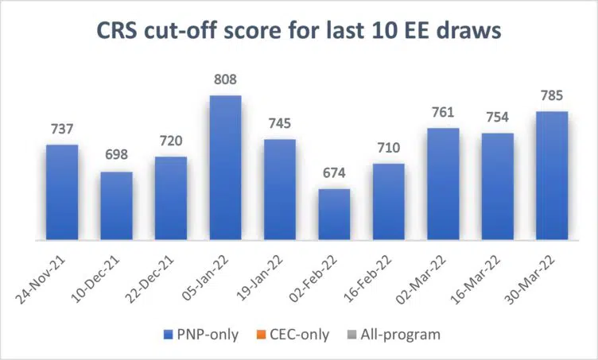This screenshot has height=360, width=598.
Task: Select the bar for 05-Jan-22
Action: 225,168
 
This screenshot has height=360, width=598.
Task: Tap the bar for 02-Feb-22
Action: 334,215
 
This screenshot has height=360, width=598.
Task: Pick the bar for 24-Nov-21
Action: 61,192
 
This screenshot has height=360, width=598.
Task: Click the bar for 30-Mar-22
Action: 551,176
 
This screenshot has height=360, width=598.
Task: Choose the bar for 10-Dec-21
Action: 116,206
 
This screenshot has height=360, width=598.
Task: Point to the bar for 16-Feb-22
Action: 388,202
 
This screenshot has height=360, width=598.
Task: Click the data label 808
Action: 225,81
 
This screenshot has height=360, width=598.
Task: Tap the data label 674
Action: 334,174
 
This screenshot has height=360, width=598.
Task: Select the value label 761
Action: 443,113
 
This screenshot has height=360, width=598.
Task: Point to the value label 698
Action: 116,157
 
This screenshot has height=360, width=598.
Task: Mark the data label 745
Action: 279,125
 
